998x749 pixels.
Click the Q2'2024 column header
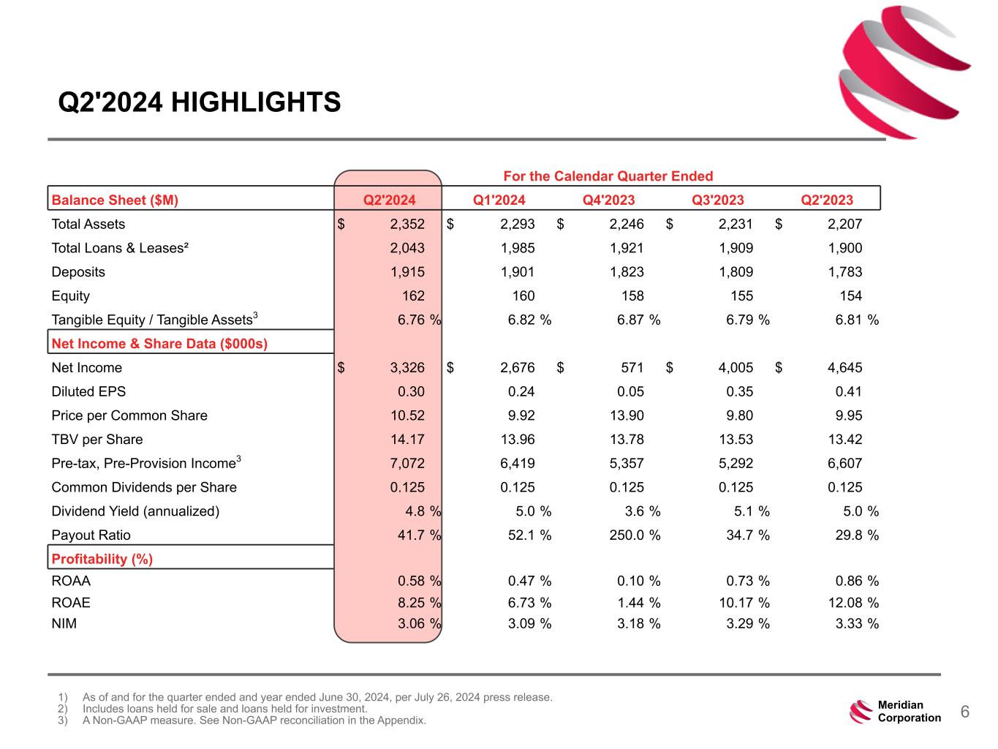pos(389,200)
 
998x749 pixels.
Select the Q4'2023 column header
pos(608,200)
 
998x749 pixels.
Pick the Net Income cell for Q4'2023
pos(630,367)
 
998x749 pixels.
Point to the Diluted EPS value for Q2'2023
pos(848,391)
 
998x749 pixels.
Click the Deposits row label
pos(78,272)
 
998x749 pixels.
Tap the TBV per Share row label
pos(97,440)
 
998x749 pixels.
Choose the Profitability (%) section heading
pos(102,559)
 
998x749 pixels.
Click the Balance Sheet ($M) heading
pos(115,200)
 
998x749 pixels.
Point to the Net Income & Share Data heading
pos(159,344)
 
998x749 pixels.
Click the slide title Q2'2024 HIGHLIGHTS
pos(200,102)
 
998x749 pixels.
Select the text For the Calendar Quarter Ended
pos(608,176)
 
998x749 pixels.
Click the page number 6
pos(964,712)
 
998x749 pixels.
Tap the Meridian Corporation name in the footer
pos(909,711)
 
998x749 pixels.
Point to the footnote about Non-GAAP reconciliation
pos(254,720)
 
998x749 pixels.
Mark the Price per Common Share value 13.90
pos(630,415)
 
